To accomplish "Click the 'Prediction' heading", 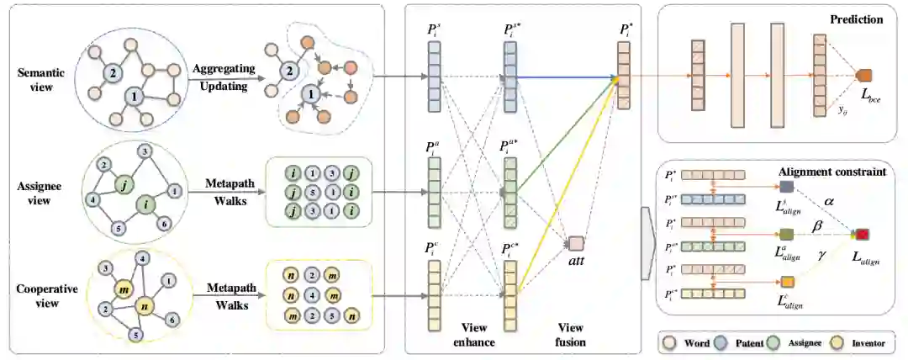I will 855,19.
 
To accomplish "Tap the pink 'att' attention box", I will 576,244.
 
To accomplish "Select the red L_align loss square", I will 862,234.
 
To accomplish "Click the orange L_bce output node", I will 863,77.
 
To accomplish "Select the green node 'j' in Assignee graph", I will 124,187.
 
